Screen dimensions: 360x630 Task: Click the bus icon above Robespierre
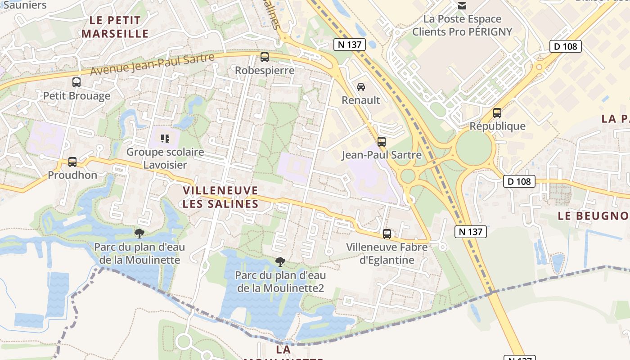coord(265,57)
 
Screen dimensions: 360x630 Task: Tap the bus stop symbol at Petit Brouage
coord(76,82)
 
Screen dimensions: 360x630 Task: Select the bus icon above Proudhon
coord(72,162)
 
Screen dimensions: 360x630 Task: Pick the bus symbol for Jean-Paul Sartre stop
coord(382,142)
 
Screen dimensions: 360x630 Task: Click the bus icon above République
coord(497,113)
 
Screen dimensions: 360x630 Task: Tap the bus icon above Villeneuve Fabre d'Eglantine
coord(387,234)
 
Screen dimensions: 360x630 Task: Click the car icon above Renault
coord(361,86)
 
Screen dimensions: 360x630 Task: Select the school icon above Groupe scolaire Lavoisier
coord(165,138)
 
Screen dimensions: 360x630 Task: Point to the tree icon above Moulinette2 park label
coord(280,261)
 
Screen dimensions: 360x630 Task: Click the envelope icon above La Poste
coord(462,6)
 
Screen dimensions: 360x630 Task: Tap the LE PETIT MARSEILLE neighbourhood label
coord(115,27)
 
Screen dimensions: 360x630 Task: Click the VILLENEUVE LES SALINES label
coord(220,197)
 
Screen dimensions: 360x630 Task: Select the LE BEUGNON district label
coord(593,216)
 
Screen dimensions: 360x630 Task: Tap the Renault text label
coord(361,100)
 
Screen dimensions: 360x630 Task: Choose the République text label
coord(497,126)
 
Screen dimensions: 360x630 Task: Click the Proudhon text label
coord(72,175)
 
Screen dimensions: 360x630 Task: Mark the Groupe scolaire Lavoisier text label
coord(165,158)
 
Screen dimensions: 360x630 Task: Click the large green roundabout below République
coord(474,147)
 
